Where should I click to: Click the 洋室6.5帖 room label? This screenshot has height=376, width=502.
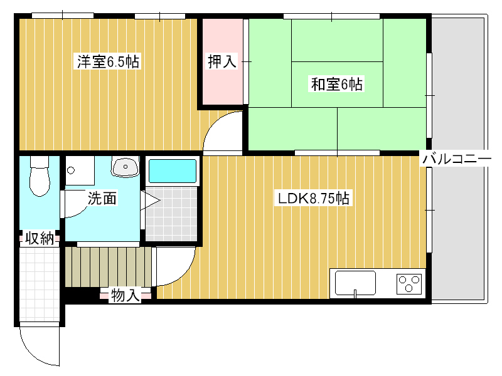(108, 61)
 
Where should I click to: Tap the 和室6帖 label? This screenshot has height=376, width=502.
(336, 84)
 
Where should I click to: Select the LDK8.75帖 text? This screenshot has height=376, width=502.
(313, 198)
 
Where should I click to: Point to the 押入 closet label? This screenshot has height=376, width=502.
(222, 61)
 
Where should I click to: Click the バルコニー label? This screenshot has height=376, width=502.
(457, 159)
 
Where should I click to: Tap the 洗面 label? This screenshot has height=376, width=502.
(102, 198)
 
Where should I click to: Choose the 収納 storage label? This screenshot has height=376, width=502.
(40, 239)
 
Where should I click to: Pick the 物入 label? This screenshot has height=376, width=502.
(125, 295)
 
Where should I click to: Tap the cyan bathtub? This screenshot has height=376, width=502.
(173, 171)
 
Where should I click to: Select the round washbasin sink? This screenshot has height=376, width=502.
(125, 167)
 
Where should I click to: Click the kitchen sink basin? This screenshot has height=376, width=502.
(355, 283)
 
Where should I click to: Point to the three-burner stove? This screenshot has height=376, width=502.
(409, 284)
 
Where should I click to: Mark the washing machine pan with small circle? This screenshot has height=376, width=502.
(80, 170)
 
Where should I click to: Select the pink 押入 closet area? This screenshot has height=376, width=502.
(223, 61)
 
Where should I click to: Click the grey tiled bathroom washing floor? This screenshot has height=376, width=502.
(171, 214)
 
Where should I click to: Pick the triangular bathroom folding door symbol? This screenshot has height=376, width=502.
(150, 201)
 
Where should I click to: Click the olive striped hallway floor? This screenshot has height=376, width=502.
(109, 267)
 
